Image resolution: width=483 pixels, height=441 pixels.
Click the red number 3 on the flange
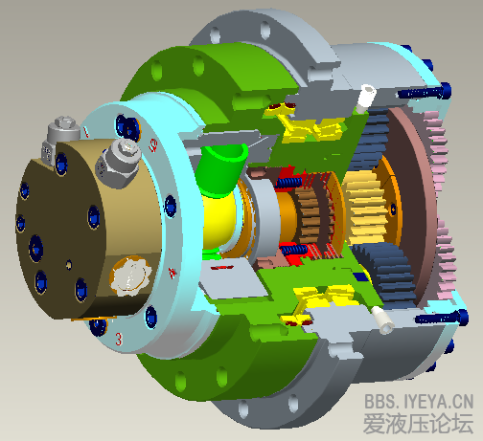(118, 339)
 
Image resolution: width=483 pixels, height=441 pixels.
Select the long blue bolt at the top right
(422, 93)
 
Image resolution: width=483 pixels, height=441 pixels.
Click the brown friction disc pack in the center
(310, 214)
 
